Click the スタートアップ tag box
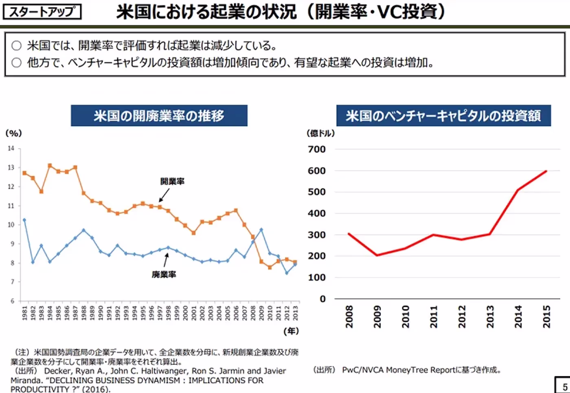(42, 12)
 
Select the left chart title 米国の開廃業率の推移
(159, 116)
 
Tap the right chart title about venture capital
(443, 116)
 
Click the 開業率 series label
(172, 181)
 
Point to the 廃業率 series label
(164, 275)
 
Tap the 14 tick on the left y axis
(11, 148)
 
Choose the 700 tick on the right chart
(317, 149)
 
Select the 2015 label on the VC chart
(546, 317)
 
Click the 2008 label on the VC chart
(349, 317)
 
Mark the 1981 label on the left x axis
(24, 313)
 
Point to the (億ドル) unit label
(320, 133)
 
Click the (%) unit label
(13, 133)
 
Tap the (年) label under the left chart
(291, 331)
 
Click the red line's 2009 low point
(377, 255)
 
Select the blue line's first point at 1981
(24, 220)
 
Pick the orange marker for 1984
(50, 166)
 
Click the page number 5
(565, 387)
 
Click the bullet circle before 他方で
(16, 63)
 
